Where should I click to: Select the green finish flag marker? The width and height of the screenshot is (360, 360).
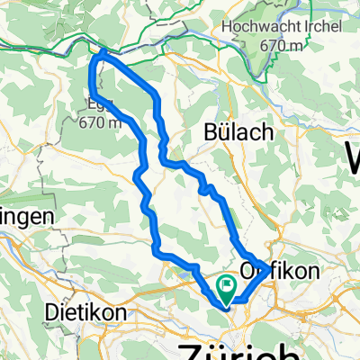(224, 288)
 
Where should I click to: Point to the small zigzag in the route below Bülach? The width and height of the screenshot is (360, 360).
(209, 189)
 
